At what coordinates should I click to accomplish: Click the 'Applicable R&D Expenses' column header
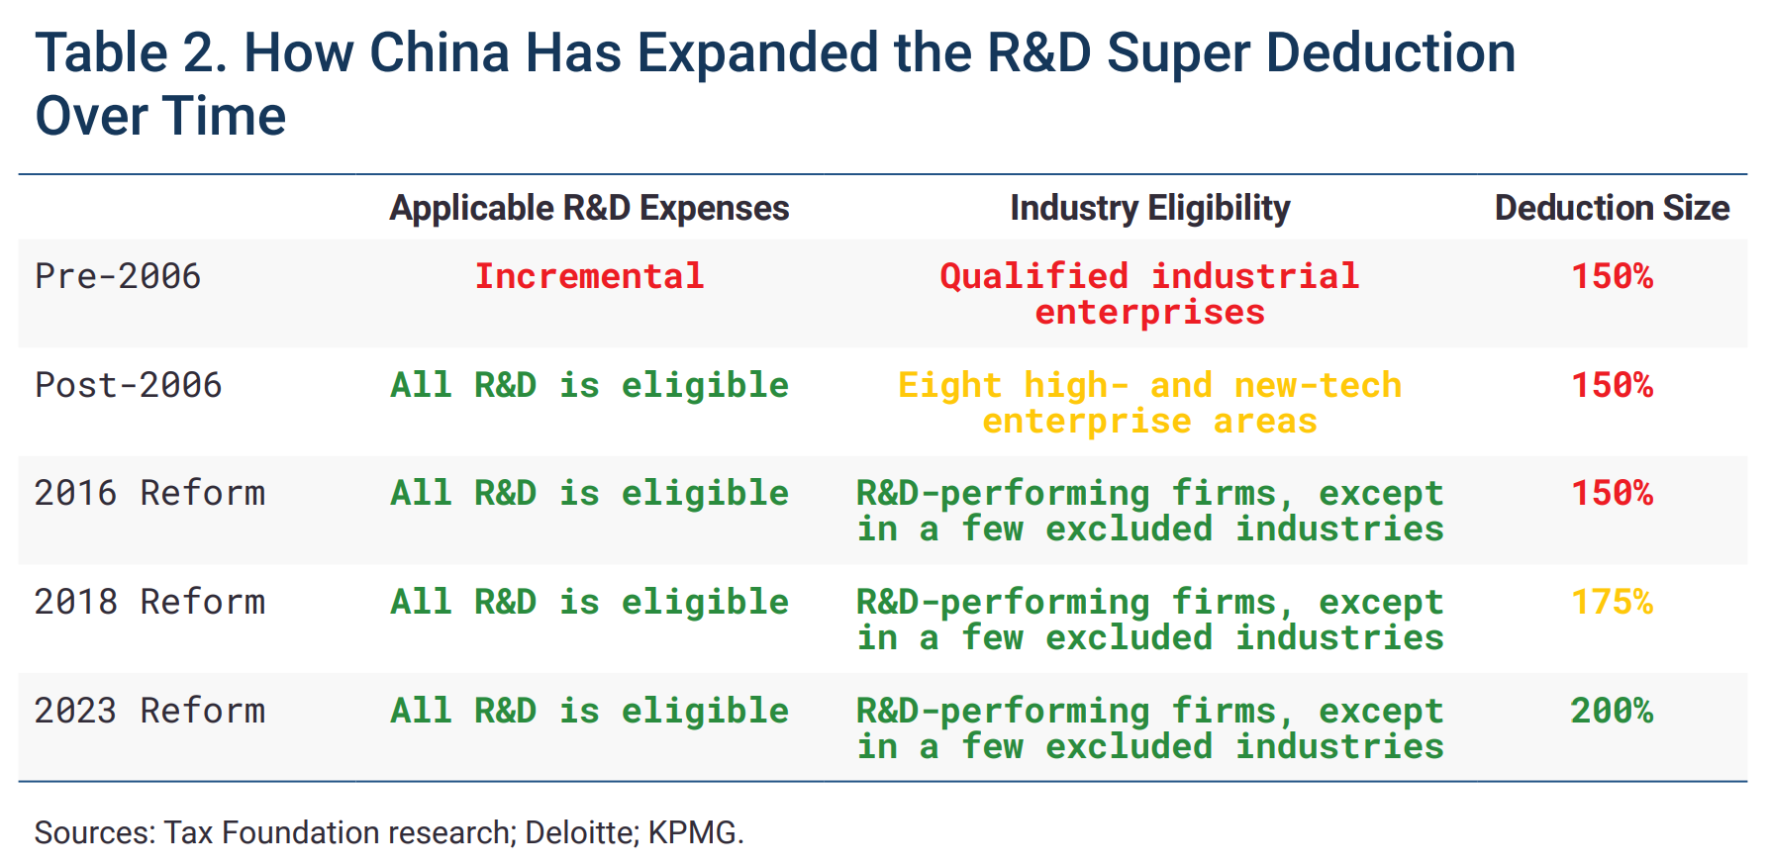(x=589, y=208)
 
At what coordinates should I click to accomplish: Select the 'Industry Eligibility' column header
(x=1149, y=208)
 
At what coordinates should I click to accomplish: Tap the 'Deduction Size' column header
(x=1612, y=208)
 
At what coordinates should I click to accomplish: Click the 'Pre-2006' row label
(x=118, y=276)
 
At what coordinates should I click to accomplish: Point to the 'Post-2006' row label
(x=129, y=385)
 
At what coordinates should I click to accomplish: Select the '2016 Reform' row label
(x=149, y=493)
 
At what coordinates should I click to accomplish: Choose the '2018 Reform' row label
(x=149, y=602)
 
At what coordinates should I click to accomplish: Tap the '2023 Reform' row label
(x=149, y=711)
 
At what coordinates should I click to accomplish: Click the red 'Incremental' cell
(x=589, y=276)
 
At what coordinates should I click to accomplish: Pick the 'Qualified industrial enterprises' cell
(x=1149, y=294)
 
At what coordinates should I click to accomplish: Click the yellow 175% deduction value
(x=1612, y=602)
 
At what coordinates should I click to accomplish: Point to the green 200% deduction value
(x=1612, y=711)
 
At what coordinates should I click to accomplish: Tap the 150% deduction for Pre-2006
(x=1612, y=276)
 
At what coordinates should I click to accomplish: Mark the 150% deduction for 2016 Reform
(x=1612, y=493)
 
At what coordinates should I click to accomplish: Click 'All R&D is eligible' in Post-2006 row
(x=589, y=385)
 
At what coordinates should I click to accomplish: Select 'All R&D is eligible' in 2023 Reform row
(x=589, y=711)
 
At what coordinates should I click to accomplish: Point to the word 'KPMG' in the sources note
(x=692, y=832)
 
